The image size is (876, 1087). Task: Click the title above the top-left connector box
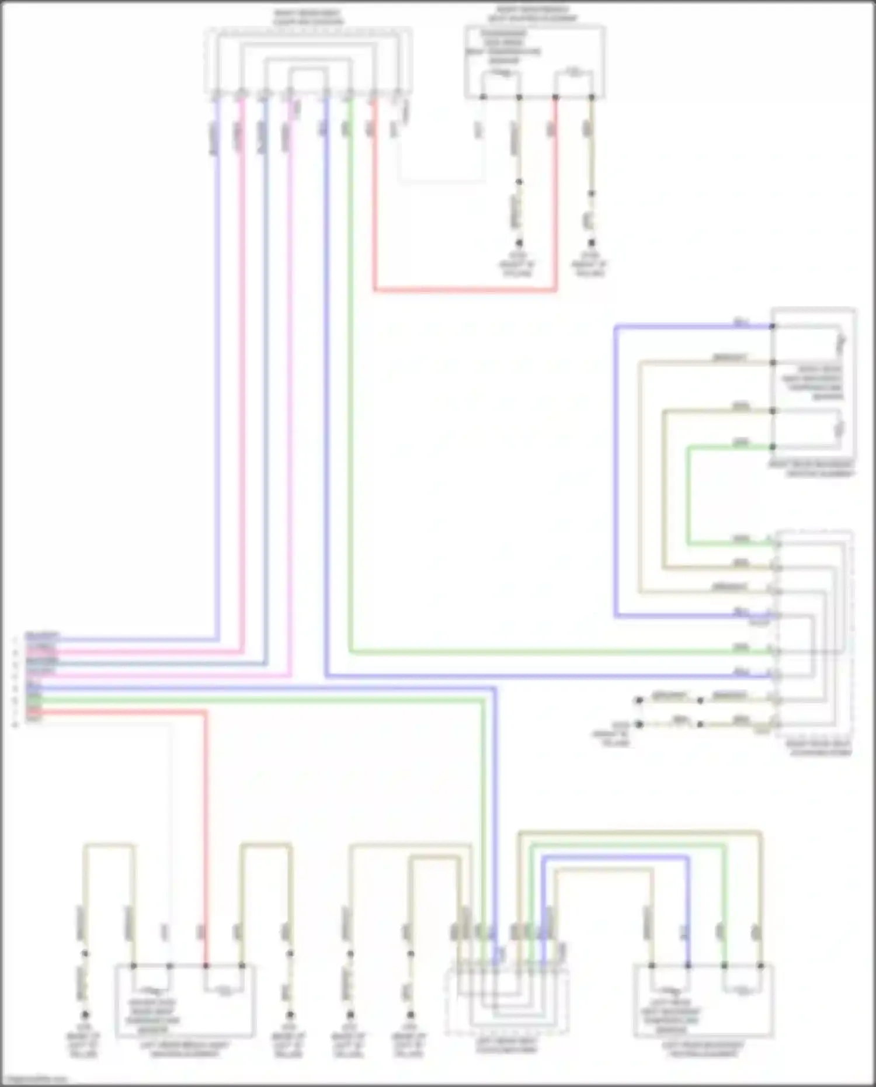(308, 17)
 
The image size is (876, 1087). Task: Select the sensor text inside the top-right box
(503, 47)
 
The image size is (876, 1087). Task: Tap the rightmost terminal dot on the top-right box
(591, 97)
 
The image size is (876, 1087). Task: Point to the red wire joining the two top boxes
(465, 289)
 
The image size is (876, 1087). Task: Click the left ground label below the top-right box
(517, 265)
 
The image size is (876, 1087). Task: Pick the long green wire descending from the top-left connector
(350, 374)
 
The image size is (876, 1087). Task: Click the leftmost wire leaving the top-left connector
(217, 374)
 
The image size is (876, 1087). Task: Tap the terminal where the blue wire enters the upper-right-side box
(773, 327)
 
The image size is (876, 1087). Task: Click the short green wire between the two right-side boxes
(689, 496)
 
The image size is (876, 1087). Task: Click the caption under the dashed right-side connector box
(818, 748)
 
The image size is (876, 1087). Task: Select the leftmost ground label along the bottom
(84, 1045)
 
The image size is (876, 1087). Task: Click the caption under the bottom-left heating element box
(185, 1050)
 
